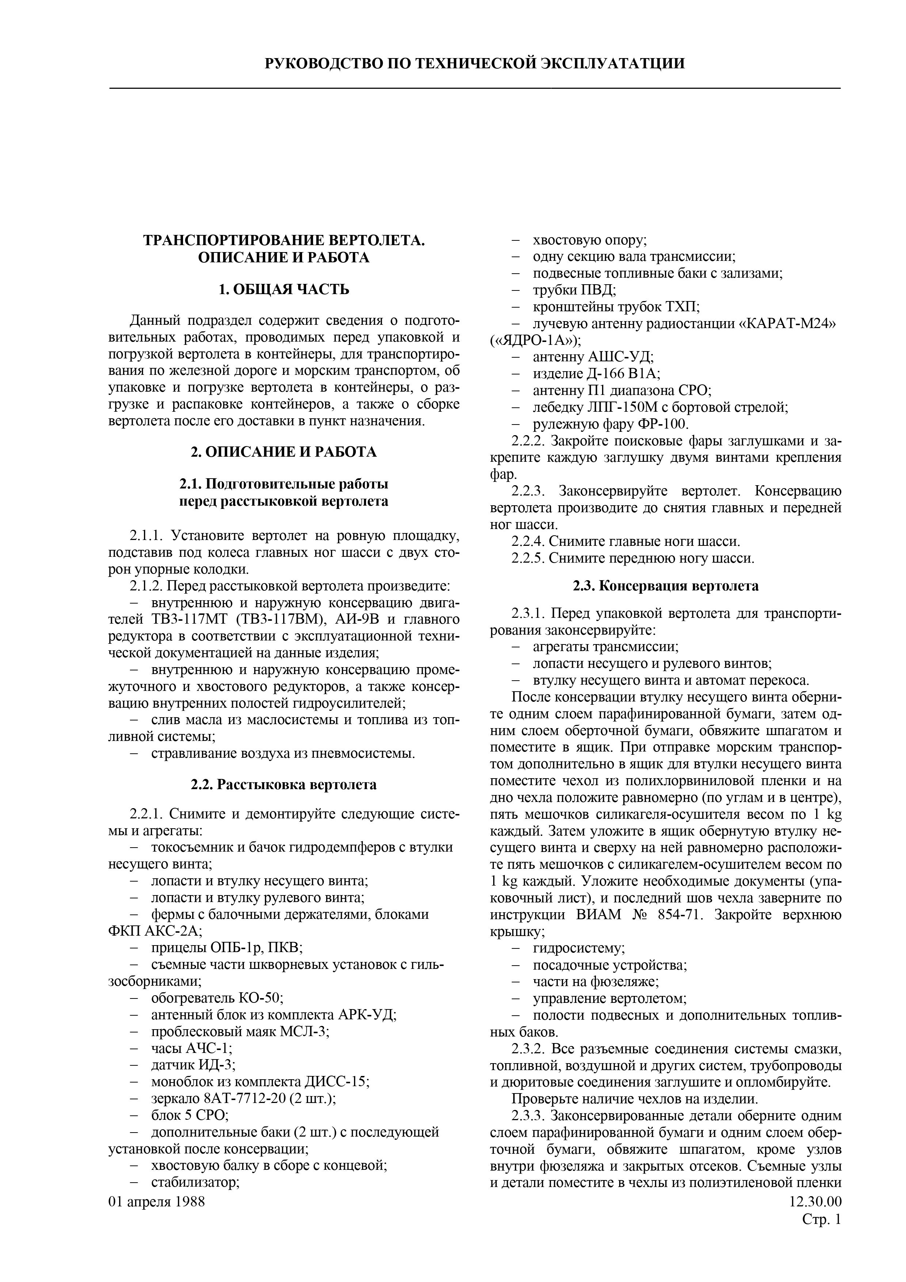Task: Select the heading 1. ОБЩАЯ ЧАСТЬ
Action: pyautogui.click(x=283, y=289)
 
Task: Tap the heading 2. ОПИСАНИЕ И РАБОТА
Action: pyautogui.click(x=283, y=452)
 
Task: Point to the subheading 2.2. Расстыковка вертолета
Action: pyautogui.click(x=283, y=784)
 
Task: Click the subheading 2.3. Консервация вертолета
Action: pyautogui.click(x=665, y=586)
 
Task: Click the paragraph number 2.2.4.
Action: pyautogui.click(x=528, y=541)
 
